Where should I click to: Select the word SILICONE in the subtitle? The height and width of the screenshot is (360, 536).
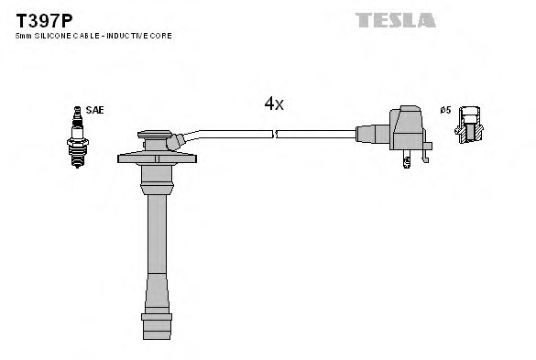[x=52, y=35]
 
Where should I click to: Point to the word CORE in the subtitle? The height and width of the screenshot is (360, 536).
[x=161, y=35]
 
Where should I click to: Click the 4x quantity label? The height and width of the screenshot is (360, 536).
[x=274, y=104]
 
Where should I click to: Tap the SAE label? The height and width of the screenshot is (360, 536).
[x=94, y=110]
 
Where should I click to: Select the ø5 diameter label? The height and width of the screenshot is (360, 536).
[x=446, y=110]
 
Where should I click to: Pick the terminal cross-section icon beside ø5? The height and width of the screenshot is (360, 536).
[x=470, y=125]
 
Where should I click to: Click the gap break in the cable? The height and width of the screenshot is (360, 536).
[x=275, y=134]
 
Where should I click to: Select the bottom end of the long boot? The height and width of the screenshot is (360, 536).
[x=157, y=326]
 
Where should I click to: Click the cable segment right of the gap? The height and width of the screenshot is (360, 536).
[x=316, y=134]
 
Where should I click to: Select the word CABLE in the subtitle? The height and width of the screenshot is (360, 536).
[x=89, y=35]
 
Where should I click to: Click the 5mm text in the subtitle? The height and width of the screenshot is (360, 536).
[x=23, y=35]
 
